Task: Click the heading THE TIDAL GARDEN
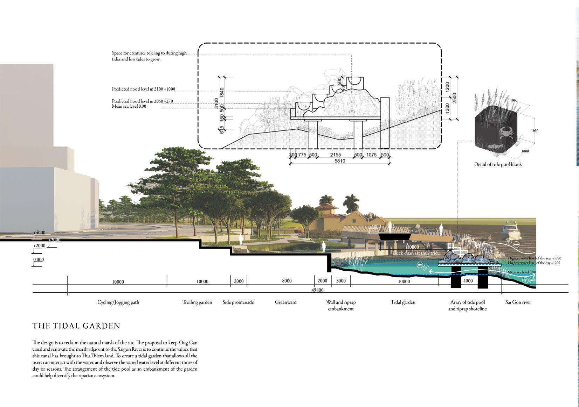(x=76, y=326)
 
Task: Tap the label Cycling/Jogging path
(x=118, y=302)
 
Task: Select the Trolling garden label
(x=197, y=302)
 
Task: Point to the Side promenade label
(x=238, y=302)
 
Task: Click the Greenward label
(x=285, y=302)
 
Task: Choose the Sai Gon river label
(x=518, y=302)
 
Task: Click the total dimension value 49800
(x=317, y=290)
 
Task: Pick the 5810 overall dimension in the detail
(x=339, y=161)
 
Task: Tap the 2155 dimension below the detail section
(x=335, y=155)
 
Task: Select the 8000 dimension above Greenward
(x=287, y=281)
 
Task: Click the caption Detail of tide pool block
(x=498, y=164)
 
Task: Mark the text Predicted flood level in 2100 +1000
(x=144, y=89)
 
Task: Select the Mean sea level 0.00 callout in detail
(x=129, y=106)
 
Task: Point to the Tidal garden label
(x=403, y=302)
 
